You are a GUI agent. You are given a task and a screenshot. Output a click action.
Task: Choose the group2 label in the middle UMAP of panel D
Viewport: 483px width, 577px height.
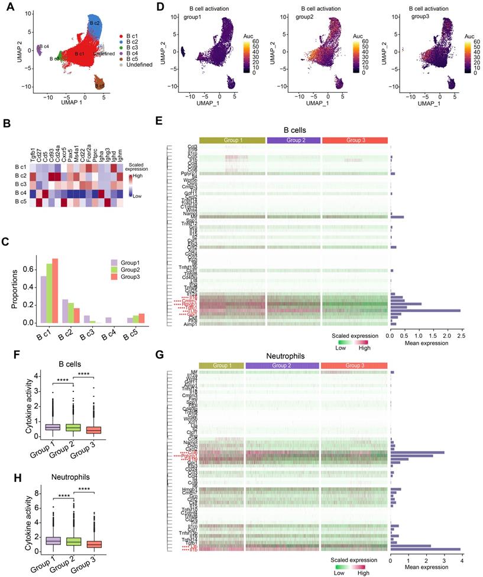click(x=306, y=18)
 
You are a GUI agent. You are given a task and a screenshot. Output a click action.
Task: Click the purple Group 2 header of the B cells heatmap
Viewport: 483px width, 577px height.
click(x=294, y=140)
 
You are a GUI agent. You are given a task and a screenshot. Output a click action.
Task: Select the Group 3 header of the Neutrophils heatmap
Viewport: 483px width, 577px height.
click(x=354, y=366)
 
